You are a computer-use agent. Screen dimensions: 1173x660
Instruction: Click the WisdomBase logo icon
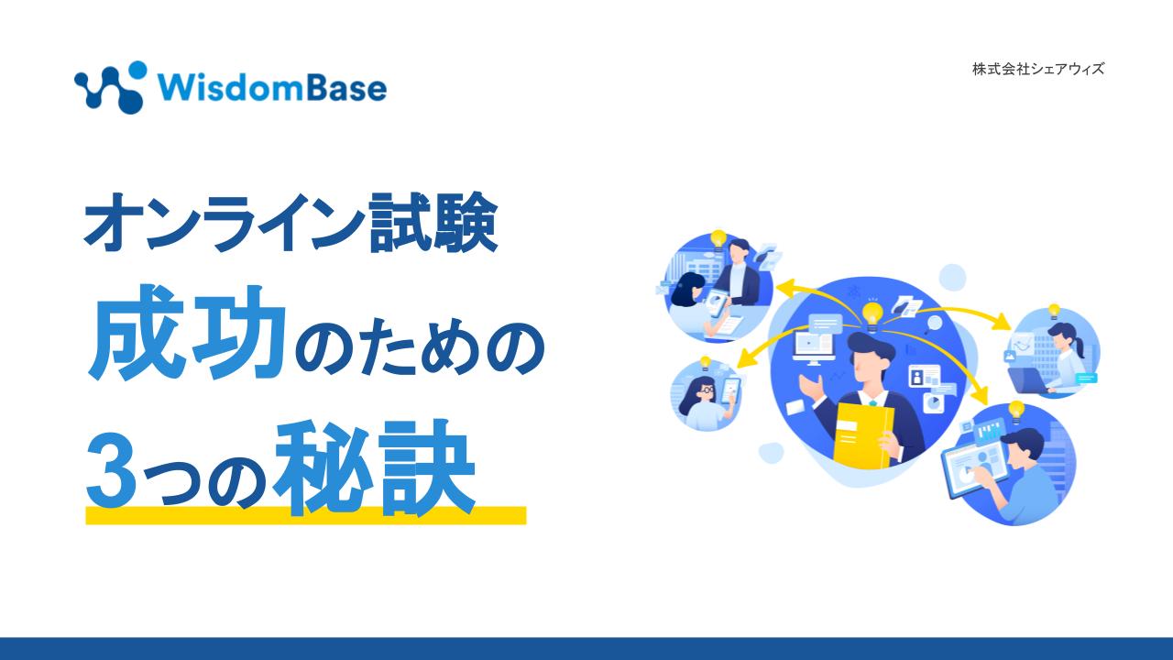click(110, 87)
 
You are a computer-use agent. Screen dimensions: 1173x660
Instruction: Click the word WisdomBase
click(272, 87)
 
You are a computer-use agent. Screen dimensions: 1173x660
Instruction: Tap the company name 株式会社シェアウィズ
click(1038, 69)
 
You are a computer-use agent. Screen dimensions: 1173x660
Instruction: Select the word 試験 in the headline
click(433, 222)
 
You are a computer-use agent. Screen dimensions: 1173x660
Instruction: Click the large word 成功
click(187, 333)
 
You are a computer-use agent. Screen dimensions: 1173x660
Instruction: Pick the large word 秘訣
click(374, 467)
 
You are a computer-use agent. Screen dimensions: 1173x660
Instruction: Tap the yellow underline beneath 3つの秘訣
click(306, 515)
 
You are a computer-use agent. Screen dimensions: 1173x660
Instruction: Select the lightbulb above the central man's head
click(872, 316)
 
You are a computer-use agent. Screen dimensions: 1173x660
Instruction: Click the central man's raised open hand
click(811, 388)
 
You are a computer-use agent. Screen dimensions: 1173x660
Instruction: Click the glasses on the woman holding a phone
click(707, 390)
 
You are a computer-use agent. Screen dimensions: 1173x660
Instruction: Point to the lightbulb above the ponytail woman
click(1054, 312)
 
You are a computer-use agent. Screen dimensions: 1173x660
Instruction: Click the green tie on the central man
click(873, 403)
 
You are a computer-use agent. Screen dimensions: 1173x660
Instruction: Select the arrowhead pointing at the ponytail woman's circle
click(1003, 321)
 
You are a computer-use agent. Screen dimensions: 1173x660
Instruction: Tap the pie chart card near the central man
click(932, 402)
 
